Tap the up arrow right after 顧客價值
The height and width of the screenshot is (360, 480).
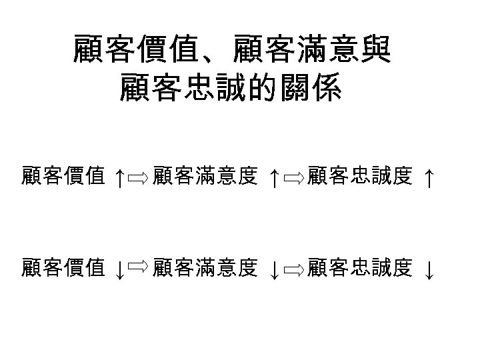coord(117,178)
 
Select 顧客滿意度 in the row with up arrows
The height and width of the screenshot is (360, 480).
coord(205,177)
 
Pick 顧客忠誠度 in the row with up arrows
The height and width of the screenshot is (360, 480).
coord(361,177)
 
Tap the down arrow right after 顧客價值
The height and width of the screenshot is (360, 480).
coord(117,270)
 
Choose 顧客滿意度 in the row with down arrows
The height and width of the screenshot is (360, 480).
coord(205,268)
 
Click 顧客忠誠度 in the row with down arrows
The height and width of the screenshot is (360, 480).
coord(361,268)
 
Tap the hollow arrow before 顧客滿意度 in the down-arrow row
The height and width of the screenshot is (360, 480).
coord(137,267)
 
